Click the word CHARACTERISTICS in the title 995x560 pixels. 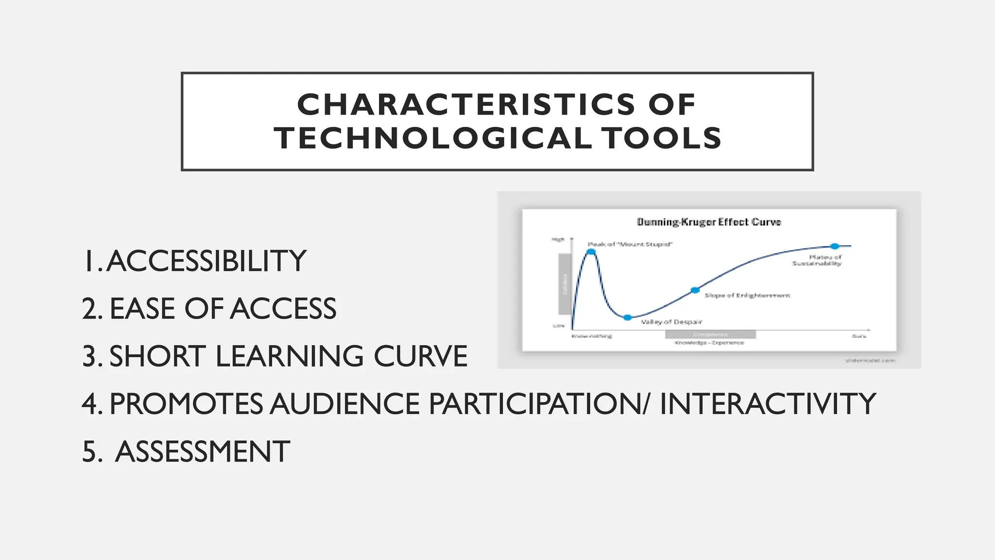click(465, 105)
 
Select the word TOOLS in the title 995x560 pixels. click(661, 138)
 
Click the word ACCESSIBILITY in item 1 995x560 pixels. click(206, 261)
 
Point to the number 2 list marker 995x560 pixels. click(92, 309)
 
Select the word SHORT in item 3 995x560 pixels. click(157, 356)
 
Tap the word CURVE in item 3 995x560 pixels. click(420, 356)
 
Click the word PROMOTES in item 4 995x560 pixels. click(186, 404)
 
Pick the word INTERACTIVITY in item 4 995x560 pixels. click(767, 404)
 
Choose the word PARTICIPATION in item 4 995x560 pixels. click(534, 404)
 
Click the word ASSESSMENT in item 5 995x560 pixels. click(203, 452)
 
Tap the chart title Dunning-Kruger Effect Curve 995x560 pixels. click(709, 222)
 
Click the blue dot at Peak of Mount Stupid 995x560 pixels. click(591, 252)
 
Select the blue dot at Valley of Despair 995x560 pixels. click(627, 317)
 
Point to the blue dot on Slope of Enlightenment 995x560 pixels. click(695, 290)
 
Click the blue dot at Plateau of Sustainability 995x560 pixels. click(835, 246)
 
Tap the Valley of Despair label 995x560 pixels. click(671, 322)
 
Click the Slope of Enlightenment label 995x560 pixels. click(747, 296)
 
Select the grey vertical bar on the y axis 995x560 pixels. click(565, 284)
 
